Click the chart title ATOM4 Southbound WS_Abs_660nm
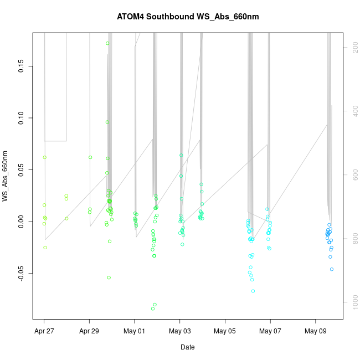coord(188,17)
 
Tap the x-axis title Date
coord(187,347)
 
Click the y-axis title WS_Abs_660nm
coord(6,176)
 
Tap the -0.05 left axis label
coord(20,272)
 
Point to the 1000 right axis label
coord(353,302)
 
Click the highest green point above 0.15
coord(107,43)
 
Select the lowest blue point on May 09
coord(332,269)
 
